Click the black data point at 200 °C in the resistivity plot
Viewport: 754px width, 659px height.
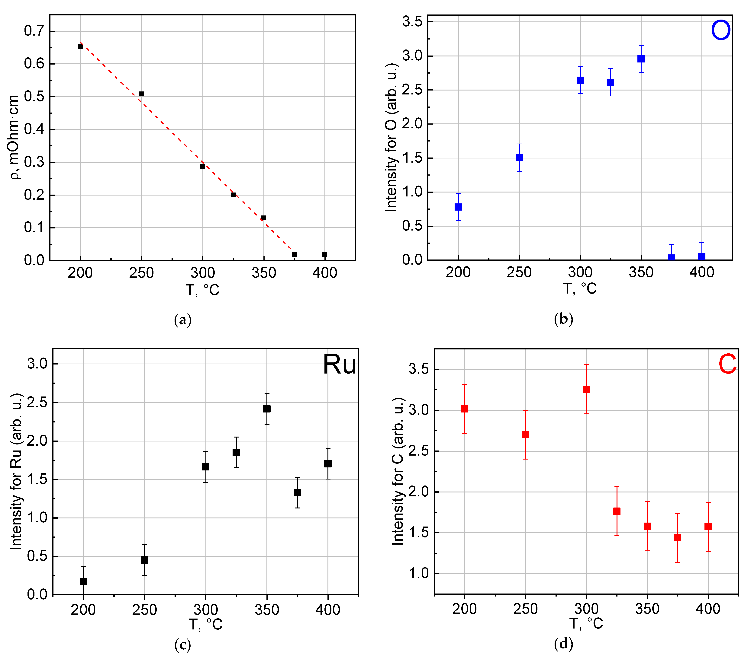point(80,46)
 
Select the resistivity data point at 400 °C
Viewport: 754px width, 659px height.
point(325,254)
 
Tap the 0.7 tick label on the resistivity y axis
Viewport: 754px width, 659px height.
point(34,31)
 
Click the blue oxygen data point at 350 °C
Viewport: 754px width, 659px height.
point(641,59)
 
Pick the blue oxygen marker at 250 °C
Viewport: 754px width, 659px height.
point(519,157)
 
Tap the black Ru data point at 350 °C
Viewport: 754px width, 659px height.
point(267,409)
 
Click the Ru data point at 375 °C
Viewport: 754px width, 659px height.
point(297,492)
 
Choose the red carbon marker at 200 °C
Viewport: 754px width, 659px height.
point(465,409)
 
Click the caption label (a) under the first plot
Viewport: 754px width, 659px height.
point(182,320)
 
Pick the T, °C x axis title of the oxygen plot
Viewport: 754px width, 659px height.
point(580,289)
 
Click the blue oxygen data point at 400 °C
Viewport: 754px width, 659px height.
point(702,257)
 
